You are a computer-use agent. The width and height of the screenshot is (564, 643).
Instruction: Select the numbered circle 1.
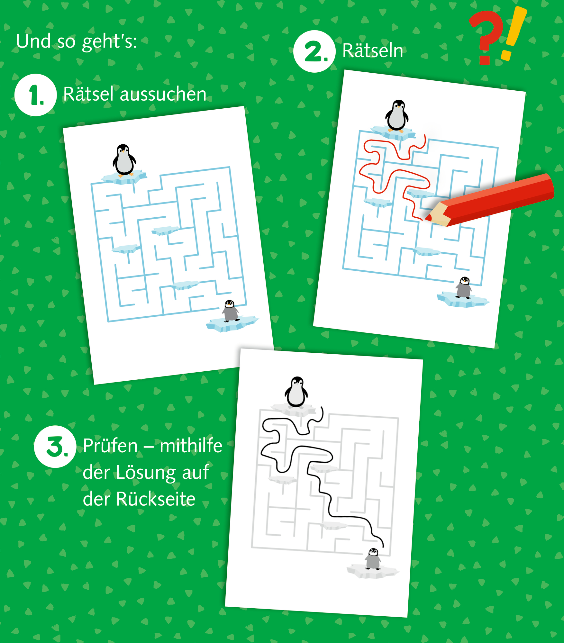[36, 95]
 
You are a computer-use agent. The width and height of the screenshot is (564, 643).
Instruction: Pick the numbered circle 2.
[314, 51]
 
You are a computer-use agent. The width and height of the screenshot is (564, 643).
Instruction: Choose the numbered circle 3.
[55, 446]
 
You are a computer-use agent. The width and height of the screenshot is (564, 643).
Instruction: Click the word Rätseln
[373, 50]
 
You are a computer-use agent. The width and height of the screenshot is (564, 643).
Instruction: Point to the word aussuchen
[163, 94]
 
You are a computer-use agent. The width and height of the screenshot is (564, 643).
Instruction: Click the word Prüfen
[110, 446]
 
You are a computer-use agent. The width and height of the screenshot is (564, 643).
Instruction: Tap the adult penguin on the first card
[124, 160]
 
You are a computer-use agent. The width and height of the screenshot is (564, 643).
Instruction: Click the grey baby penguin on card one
[230, 311]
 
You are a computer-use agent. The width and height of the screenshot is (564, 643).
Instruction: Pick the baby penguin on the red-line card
[464, 287]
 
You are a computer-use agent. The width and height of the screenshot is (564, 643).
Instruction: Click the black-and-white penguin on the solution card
[296, 393]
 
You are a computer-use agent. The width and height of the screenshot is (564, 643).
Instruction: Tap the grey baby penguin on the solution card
[373, 559]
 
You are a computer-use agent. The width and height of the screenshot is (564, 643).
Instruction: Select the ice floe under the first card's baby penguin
[232, 323]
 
